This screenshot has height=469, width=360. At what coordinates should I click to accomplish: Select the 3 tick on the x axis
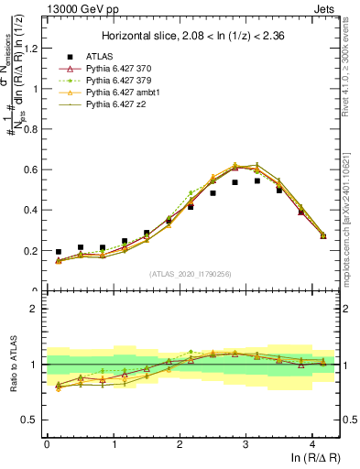point(245,443)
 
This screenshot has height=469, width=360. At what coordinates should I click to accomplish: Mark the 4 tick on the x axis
point(312,443)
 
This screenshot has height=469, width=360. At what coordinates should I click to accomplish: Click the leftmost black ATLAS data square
point(59,252)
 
